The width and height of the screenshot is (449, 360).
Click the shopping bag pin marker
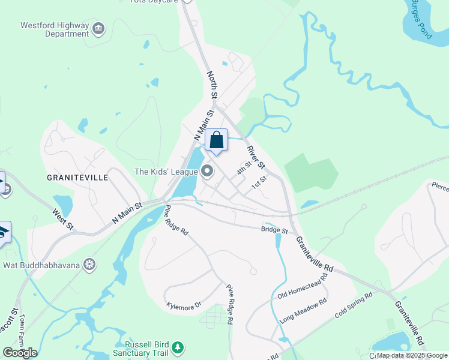coord(217,141)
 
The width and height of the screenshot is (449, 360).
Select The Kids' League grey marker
coord(208,172)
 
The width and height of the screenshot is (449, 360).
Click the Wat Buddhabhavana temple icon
coord(89,265)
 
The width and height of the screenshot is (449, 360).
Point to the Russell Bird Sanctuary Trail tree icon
coord(177,347)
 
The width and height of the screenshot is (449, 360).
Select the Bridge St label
coord(274,230)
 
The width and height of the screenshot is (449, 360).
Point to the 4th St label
coord(243,167)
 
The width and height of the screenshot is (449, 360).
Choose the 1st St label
coord(259,182)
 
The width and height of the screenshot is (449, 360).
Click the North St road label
coord(212,85)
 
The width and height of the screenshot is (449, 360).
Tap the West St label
coord(62,219)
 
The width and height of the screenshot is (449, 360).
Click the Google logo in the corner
coord(20,353)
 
